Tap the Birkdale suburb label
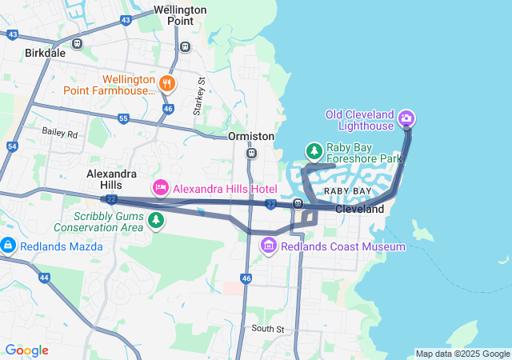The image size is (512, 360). click(46, 53)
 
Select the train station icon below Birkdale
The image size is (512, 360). click(77, 44)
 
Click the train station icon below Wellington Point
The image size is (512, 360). click(186, 46)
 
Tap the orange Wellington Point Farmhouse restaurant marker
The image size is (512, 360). click(166, 82)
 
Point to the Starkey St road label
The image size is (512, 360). click(202, 95)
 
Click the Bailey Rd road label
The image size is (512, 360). click(61, 134)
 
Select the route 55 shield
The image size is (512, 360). click(122, 118)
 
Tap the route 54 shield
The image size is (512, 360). click(11, 146)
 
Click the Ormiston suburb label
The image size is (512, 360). click(251, 136)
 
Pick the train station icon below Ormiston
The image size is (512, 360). click(252, 152)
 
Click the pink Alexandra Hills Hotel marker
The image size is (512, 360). click(160, 188)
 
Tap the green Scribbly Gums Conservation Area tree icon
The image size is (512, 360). click(155, 219)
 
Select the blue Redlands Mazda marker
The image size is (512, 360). click(9, 245)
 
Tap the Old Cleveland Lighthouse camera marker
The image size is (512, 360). click(406, 119)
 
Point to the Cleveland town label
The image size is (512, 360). click(360, 209)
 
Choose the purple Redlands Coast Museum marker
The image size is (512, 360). click(270, 246)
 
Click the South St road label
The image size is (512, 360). click(267, 329)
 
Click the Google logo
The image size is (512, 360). click(26, 350)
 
